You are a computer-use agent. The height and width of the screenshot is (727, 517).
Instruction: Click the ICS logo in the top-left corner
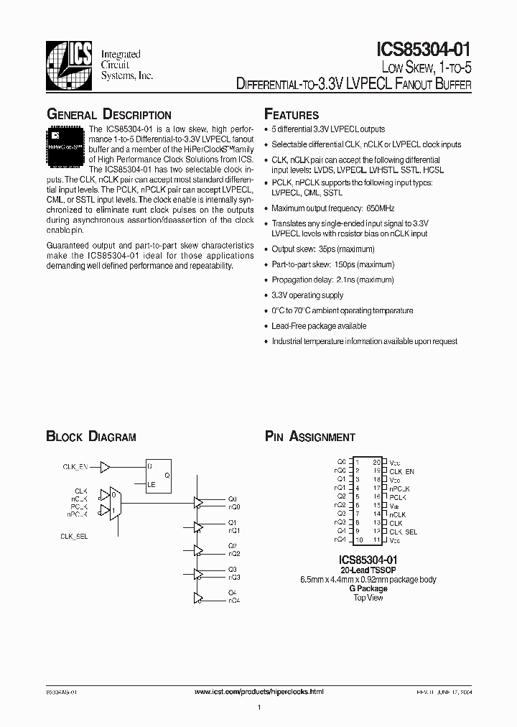[x=70, y=63]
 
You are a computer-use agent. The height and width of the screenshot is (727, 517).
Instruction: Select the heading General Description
[x=108, y=115]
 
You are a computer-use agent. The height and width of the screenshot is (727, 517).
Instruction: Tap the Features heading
[x=292, y=115]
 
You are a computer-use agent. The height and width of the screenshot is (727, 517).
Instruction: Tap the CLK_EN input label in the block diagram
[x=75, y=468]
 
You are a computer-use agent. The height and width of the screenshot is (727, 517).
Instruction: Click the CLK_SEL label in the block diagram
[x=75, y=537]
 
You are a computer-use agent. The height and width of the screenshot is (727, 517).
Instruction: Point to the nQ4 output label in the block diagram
[x=234, y=600]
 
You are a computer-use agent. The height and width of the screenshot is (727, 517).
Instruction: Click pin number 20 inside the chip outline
[x=376, y=462]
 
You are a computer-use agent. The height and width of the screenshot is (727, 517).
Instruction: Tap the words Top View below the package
[x=368, y=598]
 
